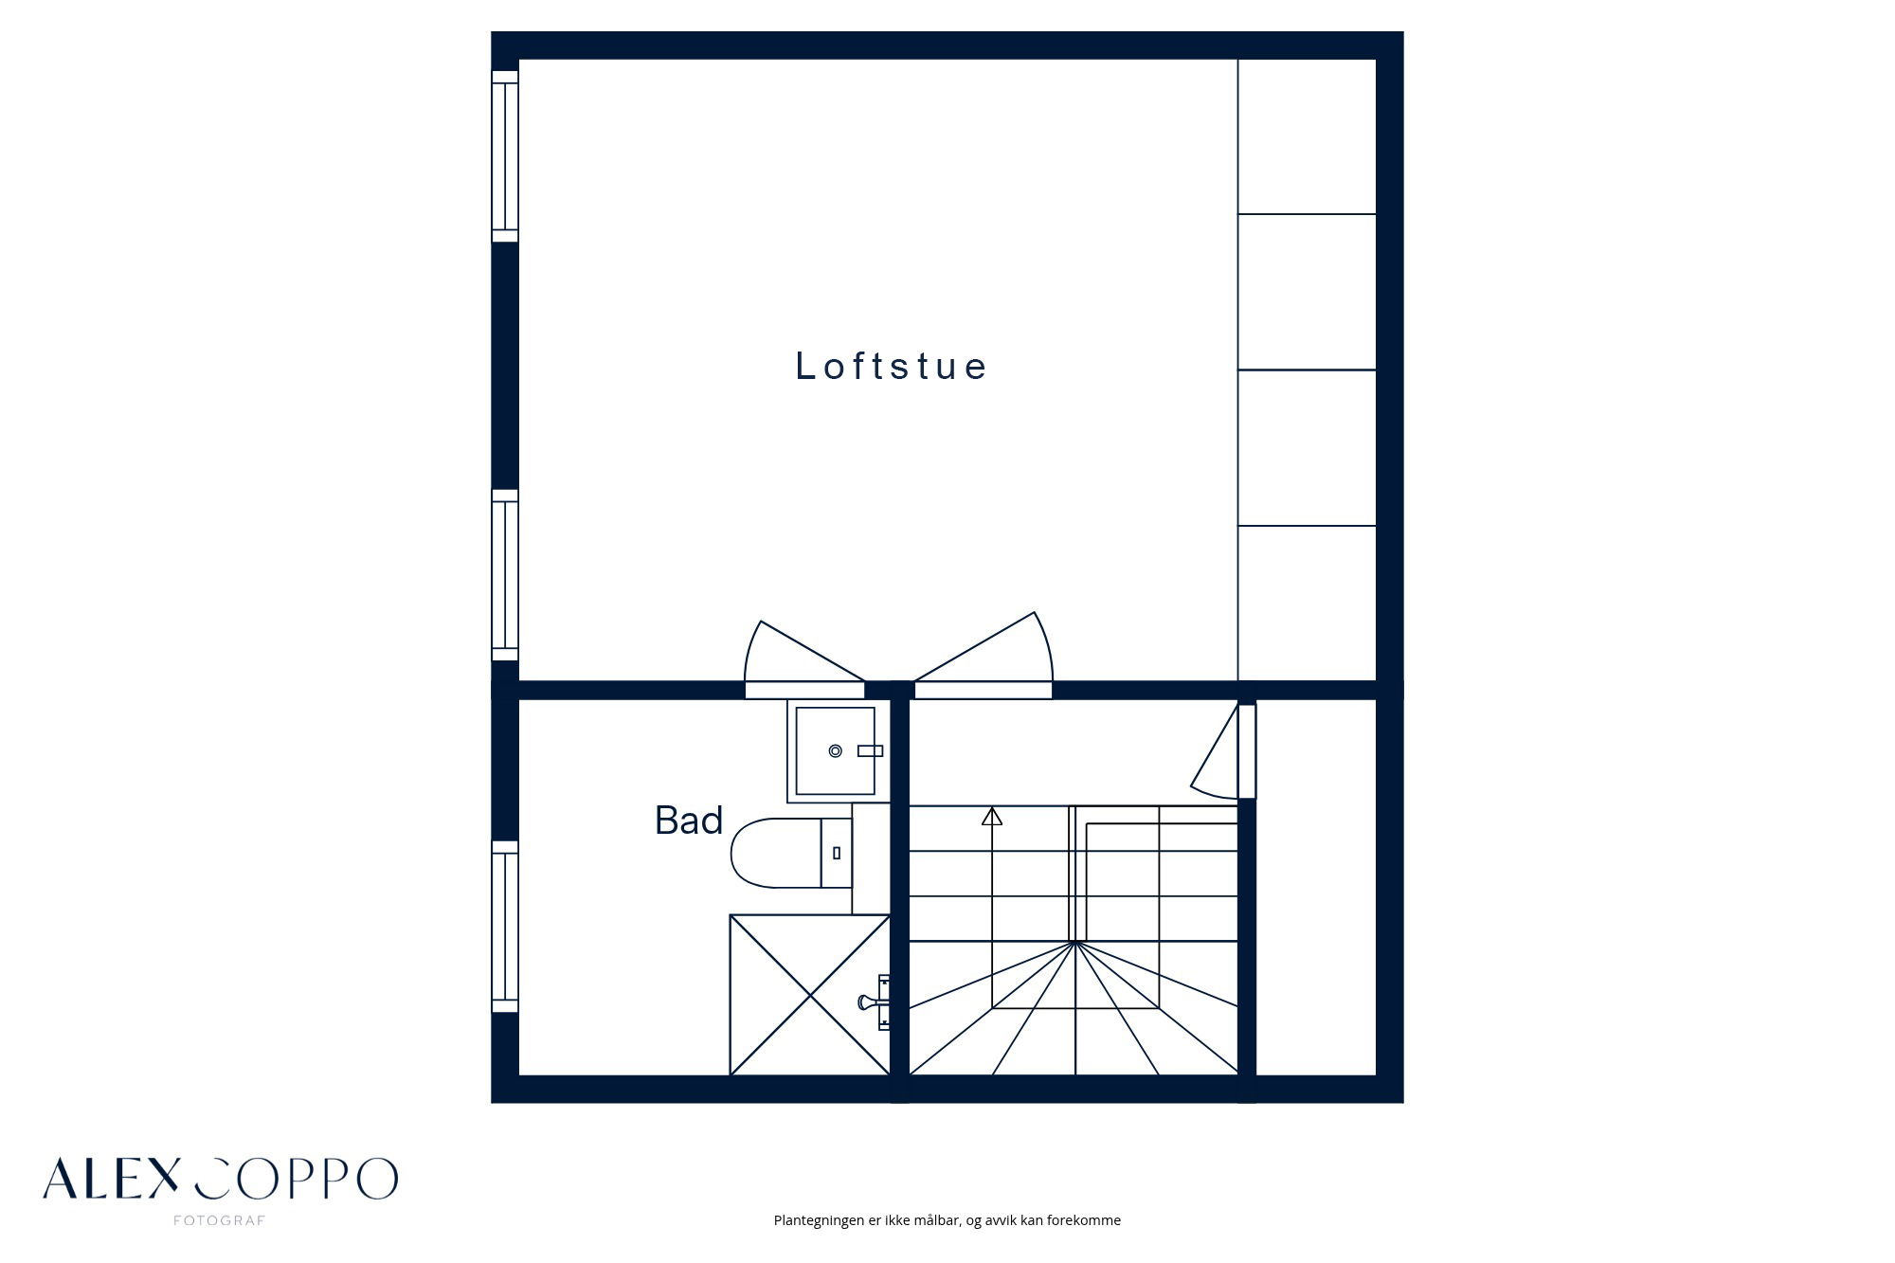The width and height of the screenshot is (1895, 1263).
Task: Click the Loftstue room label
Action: [891, 366]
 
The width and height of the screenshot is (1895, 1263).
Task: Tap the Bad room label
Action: [689, 821]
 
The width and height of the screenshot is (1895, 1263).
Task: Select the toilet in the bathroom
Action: [791, 853]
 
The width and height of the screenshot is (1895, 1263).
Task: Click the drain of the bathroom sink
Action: [835, 751]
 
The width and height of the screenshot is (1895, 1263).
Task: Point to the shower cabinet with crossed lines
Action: [809, 995]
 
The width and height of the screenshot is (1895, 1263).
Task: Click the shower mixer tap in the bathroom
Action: [875, 1001]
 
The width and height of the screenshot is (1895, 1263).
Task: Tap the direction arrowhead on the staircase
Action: [992, 816]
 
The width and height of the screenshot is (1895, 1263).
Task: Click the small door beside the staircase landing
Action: [1223, 751]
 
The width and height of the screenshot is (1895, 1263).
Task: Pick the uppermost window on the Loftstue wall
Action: [505, 156]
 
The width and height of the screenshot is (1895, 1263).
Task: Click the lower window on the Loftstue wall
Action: [505, 575]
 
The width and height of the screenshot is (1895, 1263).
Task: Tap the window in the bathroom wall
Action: [505, 927]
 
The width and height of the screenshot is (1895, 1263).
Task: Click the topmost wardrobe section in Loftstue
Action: [1307, 136]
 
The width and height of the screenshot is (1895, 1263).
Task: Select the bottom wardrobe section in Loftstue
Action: [1307, 603]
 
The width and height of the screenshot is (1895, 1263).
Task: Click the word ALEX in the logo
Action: [111, 1179]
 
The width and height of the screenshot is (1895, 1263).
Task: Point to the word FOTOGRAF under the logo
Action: [219, 1220]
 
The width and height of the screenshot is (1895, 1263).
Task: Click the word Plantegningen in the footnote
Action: [820, 1220]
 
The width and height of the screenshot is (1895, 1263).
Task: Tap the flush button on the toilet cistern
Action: [837, 854]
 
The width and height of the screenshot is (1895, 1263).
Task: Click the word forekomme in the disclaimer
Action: [1084, 1220]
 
